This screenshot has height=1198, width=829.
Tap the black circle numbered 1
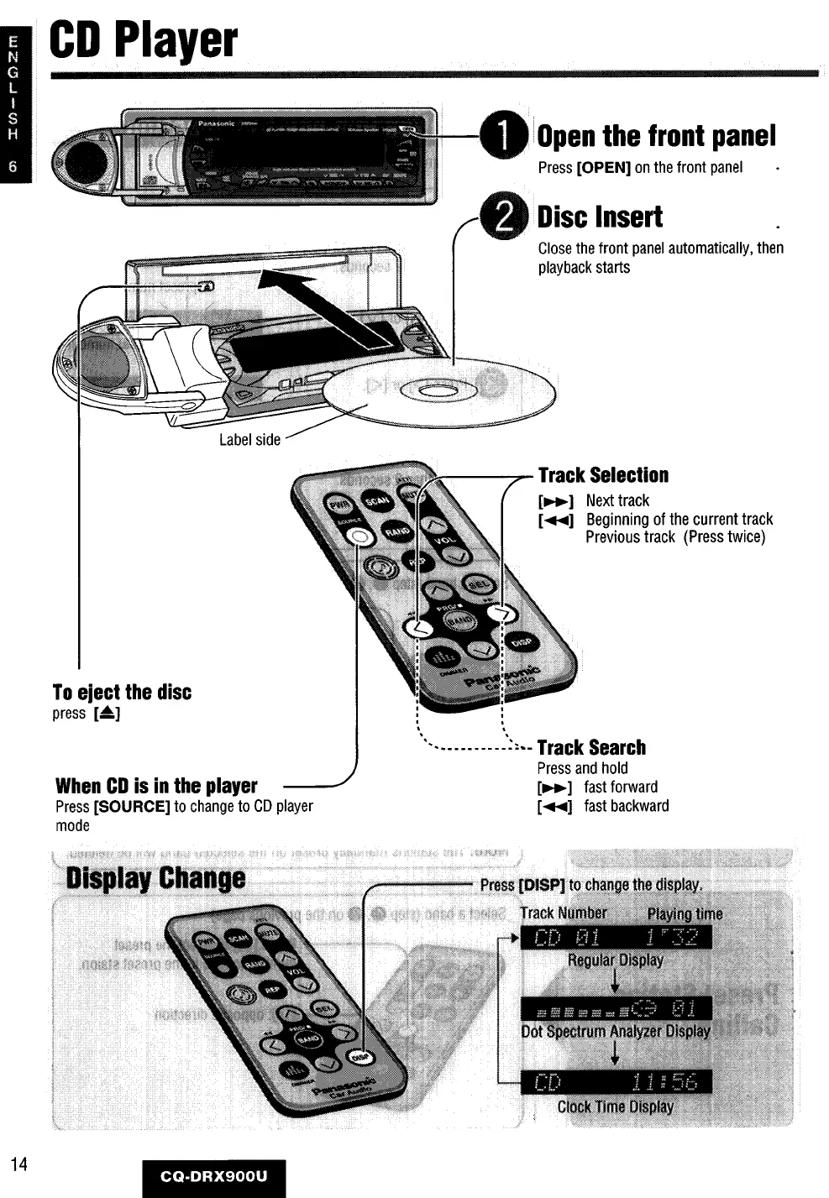(502, 136)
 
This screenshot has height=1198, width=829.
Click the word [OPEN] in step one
(604, 167)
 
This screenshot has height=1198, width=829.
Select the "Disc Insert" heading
(600, 217)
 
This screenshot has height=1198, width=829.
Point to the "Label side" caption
(249, 439)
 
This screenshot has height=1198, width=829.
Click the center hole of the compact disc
(437, 390)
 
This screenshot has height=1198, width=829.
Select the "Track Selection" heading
(603, 475)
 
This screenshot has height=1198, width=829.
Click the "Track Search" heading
(591, 747)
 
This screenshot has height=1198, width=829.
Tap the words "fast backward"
(627, 806)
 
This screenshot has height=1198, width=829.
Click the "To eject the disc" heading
(122, 693)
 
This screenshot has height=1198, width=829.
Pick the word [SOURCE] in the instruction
(132, 806)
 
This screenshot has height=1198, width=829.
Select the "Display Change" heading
(156, 878)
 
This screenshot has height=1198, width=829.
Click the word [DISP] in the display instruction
(543, 885)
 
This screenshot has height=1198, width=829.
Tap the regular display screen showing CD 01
(616, 937)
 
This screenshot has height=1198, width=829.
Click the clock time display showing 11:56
(616, 1082)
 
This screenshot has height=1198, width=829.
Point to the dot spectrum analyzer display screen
(616, 1008)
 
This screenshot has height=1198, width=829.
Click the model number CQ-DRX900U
(214, 1176)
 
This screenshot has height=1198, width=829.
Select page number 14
(19, 1164)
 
